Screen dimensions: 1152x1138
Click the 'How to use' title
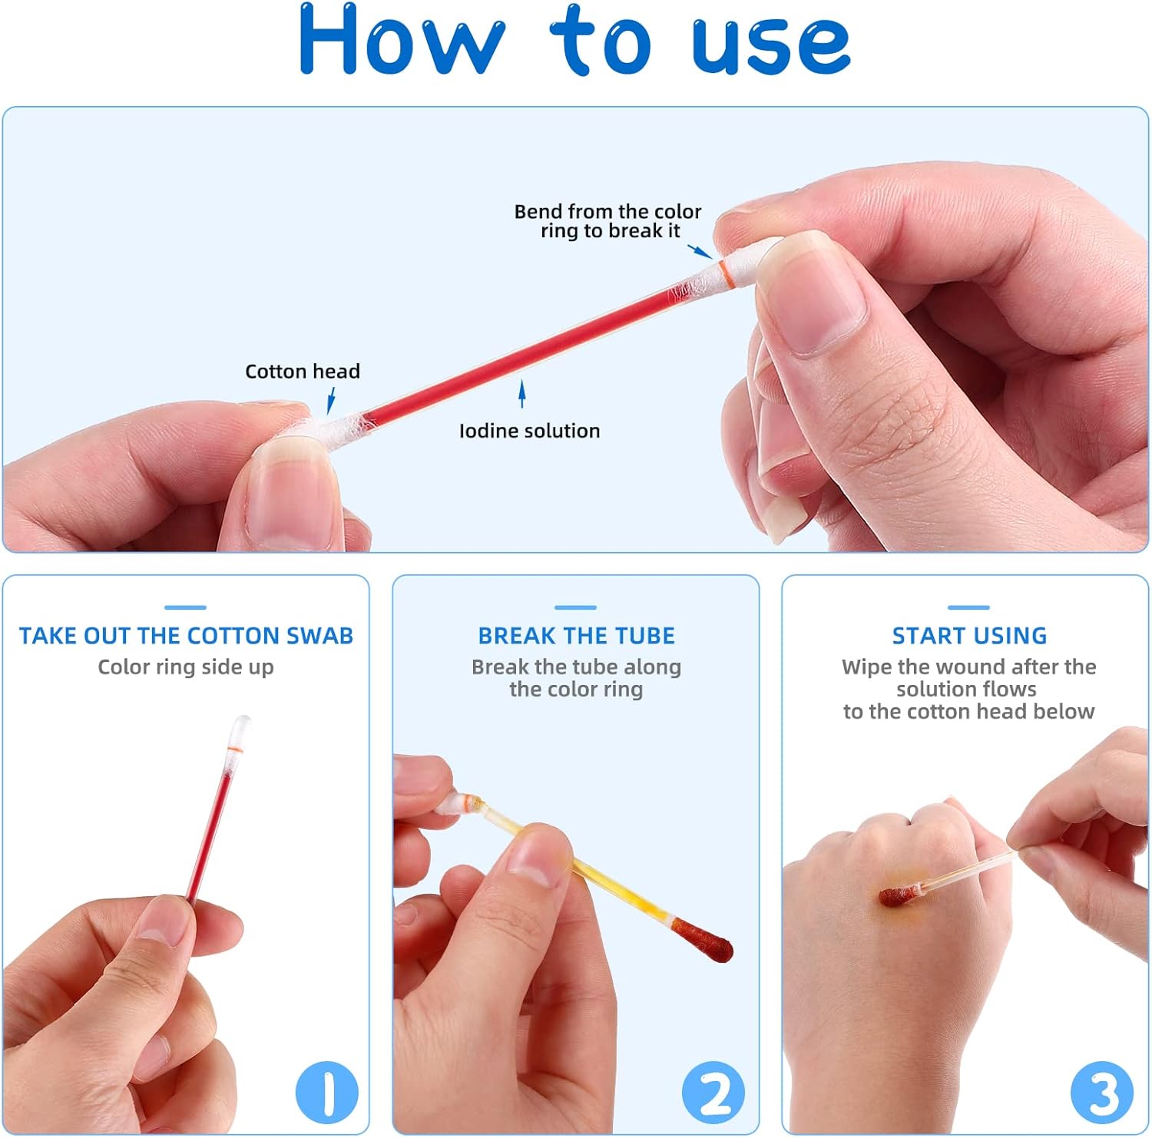pos(574,40)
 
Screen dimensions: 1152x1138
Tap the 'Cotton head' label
pos(303,372)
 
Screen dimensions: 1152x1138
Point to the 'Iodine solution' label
pos(530,431)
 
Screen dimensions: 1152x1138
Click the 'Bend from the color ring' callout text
pos(607,221)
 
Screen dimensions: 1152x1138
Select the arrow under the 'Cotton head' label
pos(331,400)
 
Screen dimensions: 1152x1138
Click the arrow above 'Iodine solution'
pos(522,394)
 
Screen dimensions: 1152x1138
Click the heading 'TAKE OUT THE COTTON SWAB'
pos(186,636)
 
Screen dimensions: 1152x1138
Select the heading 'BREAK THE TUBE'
pos(576,636)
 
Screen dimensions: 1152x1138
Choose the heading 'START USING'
pos(969,636)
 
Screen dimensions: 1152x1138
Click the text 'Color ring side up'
pos(186,667)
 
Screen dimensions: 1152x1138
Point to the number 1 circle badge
pos(327,1092)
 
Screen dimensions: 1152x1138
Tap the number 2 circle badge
pos(713,1092)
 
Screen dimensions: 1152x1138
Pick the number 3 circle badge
pos(1102,1092)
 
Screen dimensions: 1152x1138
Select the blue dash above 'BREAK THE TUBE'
pos(576,607)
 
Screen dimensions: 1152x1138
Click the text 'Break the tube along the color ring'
pos(576,678)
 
